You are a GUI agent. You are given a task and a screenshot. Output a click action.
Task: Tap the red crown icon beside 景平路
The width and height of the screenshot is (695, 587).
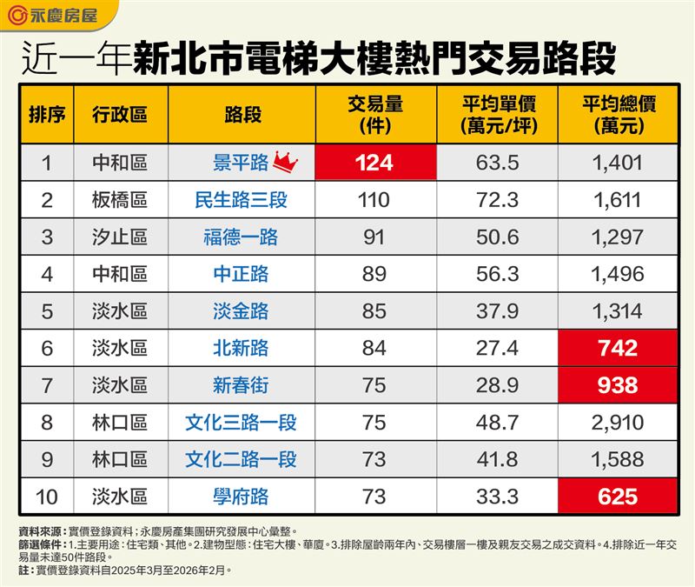coord(286,161)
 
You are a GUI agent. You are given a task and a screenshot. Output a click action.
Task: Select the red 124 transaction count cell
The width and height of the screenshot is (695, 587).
coord(374,163)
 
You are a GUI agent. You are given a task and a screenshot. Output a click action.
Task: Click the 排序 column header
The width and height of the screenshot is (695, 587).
coord(48,114)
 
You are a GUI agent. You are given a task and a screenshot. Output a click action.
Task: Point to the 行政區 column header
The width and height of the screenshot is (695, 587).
coord(120,114)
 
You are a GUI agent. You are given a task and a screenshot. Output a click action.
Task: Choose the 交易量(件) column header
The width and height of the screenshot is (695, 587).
coord(374,114)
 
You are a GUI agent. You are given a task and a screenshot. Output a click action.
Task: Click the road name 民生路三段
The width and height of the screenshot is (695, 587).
coord(241,200)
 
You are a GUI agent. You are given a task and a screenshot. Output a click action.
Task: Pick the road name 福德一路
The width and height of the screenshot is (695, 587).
coord(241,237)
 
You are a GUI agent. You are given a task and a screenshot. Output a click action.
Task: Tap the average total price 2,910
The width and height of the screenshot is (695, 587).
coord(619,423)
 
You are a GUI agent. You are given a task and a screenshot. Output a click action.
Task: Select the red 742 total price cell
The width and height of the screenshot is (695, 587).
coord(619,349)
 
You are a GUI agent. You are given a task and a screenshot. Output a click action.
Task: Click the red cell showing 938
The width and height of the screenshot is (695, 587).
coord(619,385)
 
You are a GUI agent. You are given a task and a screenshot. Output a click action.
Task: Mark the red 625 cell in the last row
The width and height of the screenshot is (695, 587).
coord(619,497)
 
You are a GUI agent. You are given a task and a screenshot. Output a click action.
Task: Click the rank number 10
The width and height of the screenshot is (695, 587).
coord(48,497)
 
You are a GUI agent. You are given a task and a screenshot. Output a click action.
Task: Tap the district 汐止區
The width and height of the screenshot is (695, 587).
coord(120,237)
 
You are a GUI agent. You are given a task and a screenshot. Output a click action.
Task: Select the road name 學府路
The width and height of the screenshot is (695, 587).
coord(241,497)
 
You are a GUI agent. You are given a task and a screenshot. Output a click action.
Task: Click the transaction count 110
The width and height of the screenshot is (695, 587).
coord(374,200)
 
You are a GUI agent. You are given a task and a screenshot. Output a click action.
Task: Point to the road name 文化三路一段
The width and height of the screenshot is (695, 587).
coord(241,423)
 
